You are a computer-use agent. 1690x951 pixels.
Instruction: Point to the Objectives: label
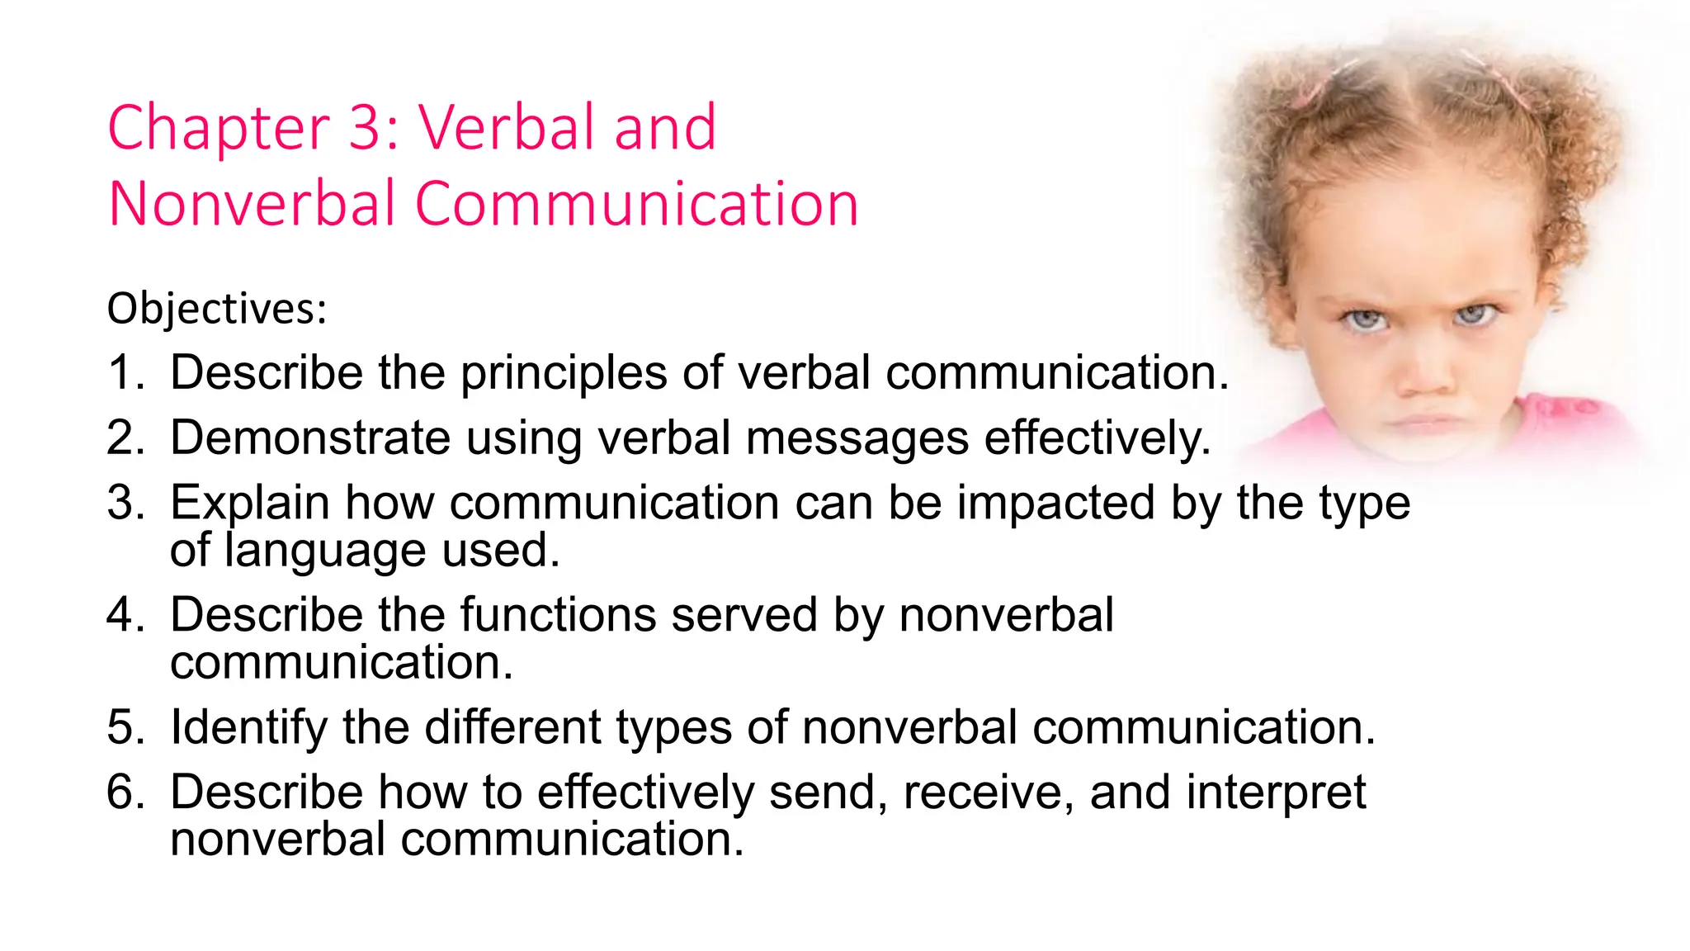pyautogui.click(x=217, y=310)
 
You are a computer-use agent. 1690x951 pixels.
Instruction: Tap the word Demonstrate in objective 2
pyautogui.click(x=310, y=438)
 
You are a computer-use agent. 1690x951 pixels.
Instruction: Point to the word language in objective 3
pyautogui.click(x=325, y=551)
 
